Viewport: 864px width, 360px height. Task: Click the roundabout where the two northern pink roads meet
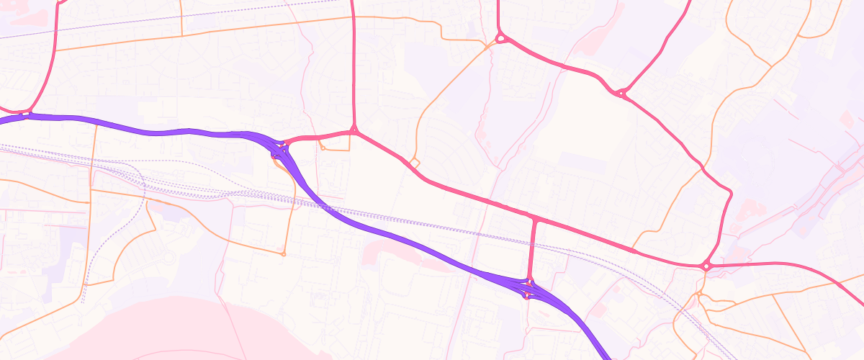click(499, 39)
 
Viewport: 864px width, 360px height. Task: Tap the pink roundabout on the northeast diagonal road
click(621, 93)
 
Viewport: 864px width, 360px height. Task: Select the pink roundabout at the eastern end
click(707, 266)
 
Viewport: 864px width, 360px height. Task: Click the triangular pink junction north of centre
click(354, 131)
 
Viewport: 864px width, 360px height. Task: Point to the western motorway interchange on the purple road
click(279, 152)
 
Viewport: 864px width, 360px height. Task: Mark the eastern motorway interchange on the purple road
click(529, 288)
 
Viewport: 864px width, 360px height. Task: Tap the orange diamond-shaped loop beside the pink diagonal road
click(414, 162)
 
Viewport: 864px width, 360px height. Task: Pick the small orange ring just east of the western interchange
click(323, 148)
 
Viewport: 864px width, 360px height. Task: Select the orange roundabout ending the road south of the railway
click(283, 253)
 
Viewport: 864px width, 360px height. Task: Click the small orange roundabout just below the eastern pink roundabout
click(698, 294)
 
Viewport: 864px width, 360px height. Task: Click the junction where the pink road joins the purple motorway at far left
click(27, 114)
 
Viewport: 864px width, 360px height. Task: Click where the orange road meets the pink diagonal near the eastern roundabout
click(634, 250)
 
